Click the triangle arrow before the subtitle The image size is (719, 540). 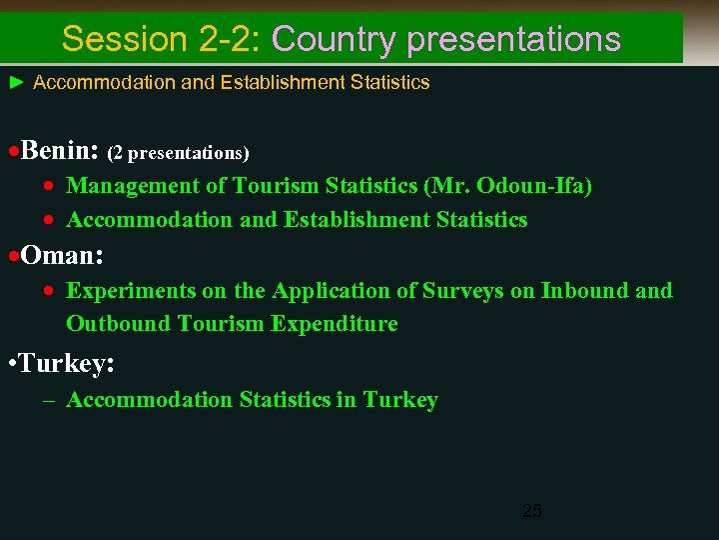16,82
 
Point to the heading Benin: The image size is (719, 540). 59,151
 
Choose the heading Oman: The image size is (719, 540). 62,256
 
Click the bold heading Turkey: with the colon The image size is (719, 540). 66,365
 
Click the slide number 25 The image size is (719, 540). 532,511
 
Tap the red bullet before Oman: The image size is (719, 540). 13,257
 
